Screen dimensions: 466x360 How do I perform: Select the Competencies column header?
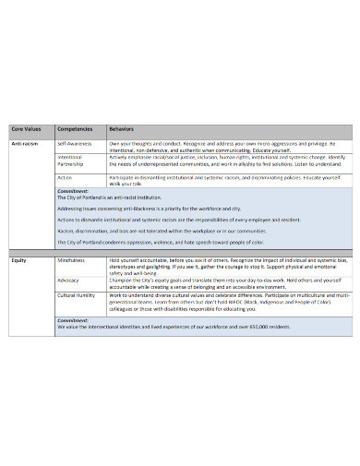pos(74,129)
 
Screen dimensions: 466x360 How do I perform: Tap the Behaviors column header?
pos(121,129)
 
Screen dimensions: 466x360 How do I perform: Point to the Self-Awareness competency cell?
pos(74,144)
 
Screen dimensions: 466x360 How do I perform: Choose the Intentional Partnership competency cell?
pos(71,161)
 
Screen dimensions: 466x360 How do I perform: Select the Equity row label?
pos(18,261)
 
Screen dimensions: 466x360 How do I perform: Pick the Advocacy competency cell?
pos(67,279)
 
